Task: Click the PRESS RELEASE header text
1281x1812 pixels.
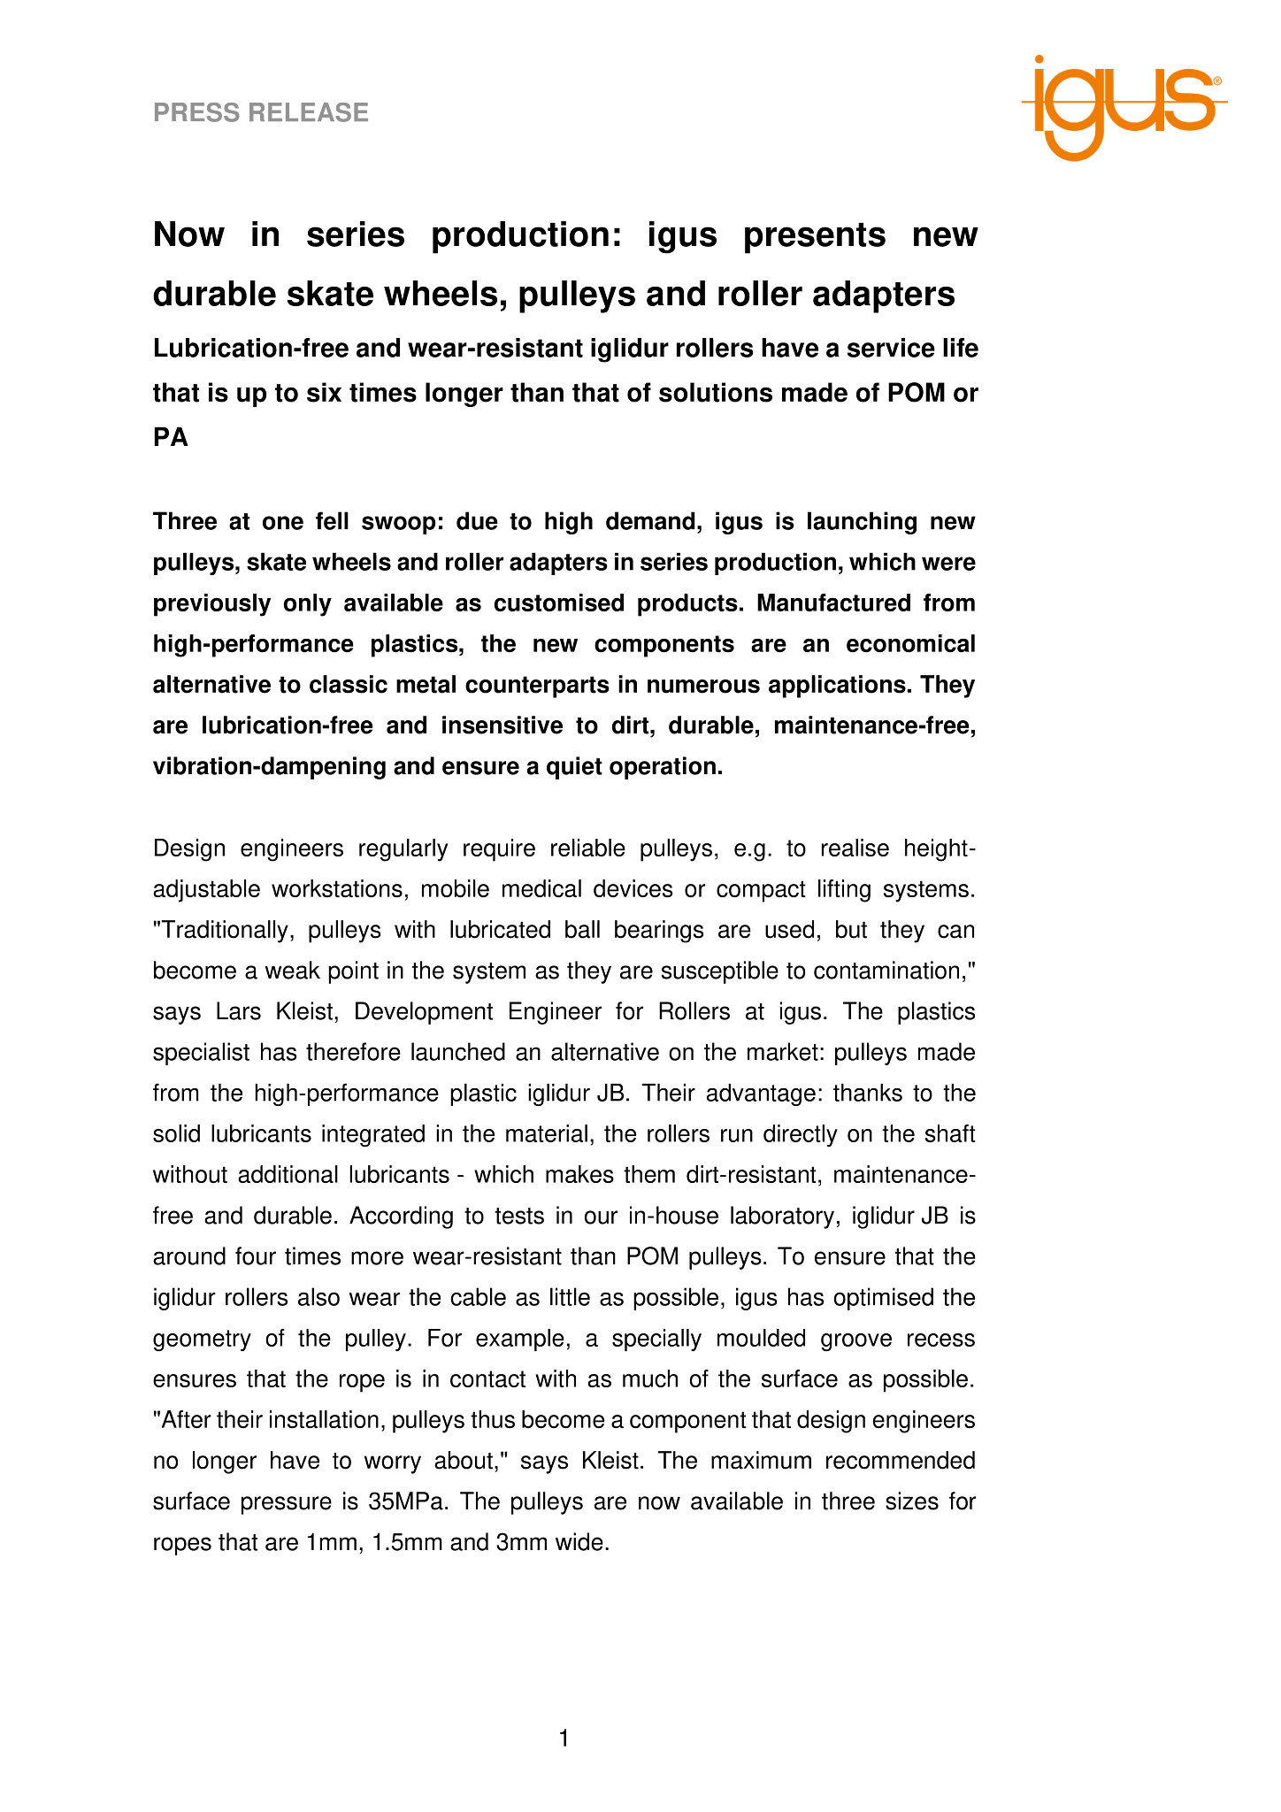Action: [x=261, y=112]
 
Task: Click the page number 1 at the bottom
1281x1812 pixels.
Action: [x=564, y=1739]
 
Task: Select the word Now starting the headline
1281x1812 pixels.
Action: [x=188, y=235]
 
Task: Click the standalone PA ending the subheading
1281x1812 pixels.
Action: [x=171, y=437]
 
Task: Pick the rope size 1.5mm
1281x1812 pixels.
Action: [x=407, y=1542]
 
